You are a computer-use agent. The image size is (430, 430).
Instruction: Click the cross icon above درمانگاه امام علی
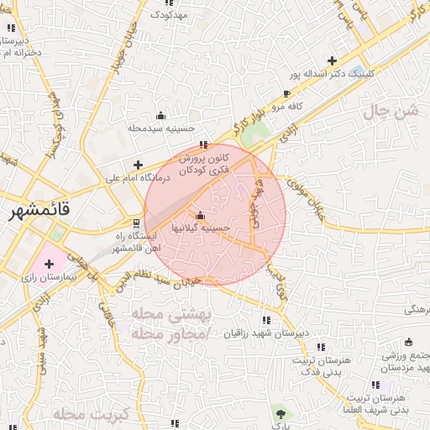point(139,164)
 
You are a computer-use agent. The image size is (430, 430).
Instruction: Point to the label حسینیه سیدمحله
point(161,128)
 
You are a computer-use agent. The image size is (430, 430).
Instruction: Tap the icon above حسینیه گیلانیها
point(199,215)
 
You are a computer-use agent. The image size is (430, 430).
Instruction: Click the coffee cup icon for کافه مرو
point(287,93)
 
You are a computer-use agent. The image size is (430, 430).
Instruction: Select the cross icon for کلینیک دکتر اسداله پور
point(333,60)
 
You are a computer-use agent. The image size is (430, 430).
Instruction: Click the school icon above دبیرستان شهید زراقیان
point(266,320)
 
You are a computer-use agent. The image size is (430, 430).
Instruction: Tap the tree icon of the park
point(279,413)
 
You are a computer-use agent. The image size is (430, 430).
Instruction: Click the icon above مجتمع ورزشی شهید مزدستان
point(408,342)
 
